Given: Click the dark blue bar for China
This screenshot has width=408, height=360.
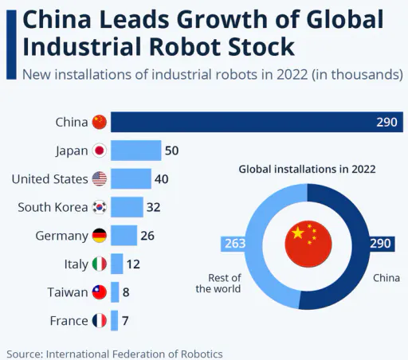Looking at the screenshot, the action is [x=257, y=122].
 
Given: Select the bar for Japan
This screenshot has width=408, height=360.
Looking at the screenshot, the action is [x=136, y=151].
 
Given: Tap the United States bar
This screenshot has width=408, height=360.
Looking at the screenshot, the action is [x=131, y=178].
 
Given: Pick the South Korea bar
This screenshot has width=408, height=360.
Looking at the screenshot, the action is [x=127, y=207].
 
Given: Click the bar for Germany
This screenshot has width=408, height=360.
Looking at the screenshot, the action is [x=124, y=236].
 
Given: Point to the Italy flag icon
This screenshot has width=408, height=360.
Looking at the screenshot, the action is [x=100, y=264].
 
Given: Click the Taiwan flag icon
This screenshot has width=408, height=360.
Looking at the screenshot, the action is [x=100, y=292].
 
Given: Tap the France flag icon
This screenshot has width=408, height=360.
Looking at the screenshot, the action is [x=100, y=321].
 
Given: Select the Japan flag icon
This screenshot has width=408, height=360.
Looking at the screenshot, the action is [x=100, y=151].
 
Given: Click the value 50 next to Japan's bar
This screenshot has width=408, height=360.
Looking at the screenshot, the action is [x=172, y=151].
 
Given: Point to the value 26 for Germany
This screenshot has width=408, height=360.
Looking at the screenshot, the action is [x=147, y=236].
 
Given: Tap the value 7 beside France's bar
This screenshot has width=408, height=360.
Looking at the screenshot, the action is [x=125, y=321].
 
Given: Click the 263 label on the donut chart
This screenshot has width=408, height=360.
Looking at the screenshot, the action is [x=235, y=244].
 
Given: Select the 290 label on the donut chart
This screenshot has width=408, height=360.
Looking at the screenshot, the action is [x=380, y=244].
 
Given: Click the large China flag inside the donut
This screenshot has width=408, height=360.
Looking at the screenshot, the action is [x=308, y=244].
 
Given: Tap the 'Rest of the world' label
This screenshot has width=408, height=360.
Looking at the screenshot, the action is [x=218, y=284].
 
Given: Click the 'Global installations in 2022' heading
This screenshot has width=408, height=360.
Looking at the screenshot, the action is [x=307, y=169].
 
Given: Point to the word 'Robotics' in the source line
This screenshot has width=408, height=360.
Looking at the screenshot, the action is [x=202, y=354].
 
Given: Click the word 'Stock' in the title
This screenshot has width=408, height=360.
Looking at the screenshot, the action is [x=261, y=47].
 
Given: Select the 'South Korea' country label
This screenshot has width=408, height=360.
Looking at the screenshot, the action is [x=53, y=207].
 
